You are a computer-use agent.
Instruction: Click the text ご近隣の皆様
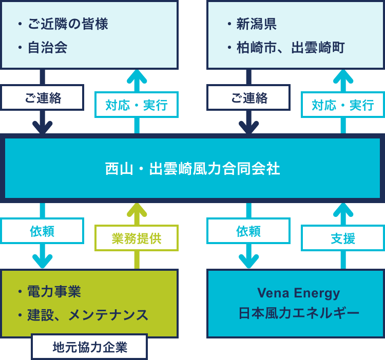67,24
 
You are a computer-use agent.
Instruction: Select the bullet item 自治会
47,48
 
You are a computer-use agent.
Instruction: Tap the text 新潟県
257,24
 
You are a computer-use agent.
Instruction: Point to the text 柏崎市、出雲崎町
290,48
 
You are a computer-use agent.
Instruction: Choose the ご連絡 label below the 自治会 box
42,97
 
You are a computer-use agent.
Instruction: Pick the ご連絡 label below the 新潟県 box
248,97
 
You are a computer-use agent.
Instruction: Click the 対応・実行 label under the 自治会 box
137,105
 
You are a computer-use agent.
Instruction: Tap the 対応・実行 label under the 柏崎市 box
343,105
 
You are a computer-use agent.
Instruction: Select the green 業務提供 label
137,238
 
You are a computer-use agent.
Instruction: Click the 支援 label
343,238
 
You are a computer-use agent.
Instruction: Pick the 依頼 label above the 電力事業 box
42,231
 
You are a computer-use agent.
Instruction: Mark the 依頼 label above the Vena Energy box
248,231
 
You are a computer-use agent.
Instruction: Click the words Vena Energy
298,293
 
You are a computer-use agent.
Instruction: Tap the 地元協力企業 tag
89,347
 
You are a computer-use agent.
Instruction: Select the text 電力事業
54,292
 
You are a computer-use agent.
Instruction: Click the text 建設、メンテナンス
87,315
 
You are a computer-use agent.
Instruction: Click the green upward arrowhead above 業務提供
137,209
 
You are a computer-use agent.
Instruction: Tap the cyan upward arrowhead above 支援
343,209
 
